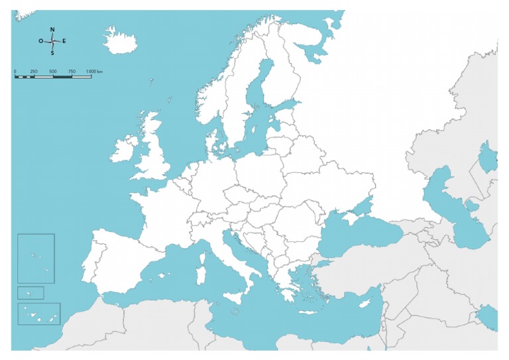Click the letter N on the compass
[52, 30]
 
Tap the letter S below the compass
[52, 53]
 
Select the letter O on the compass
[41, 41]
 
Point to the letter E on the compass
[64, 41]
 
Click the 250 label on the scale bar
[34, 70]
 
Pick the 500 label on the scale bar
[53, 70]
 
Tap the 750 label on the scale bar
[72, 70]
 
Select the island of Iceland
[121, 44]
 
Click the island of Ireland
[124, 149]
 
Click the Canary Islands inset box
[39, 314]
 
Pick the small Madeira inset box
[30, 292]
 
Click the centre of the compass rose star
[52, 41]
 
